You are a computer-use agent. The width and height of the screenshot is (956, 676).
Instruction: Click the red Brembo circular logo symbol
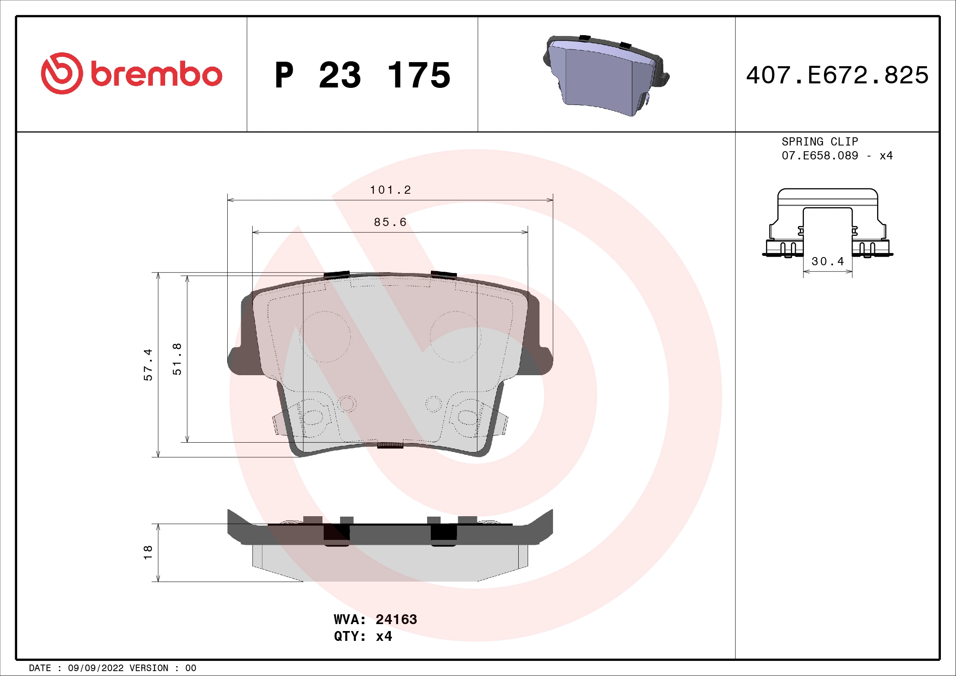[62, 73]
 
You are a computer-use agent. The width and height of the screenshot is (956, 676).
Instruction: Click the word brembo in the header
[157, 75]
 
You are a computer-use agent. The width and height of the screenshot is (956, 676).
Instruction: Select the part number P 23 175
[362, 75]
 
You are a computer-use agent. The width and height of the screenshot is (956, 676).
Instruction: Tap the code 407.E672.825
[837, 75]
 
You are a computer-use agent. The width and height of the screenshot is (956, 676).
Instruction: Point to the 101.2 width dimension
[390, 190]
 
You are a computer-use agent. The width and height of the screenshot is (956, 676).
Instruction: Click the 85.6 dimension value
[390, 222]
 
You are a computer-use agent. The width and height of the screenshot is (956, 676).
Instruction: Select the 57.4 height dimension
[148, 365]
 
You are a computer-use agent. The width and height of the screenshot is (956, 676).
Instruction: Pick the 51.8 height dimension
[177, 359]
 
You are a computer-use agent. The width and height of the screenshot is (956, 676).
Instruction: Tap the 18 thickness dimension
[148, 553]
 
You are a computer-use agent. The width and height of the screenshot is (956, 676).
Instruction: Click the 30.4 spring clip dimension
[828, 262]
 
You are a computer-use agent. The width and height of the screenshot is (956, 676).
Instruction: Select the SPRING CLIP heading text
[819, 141]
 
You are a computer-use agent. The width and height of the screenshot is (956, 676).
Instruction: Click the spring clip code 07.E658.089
[819, 156]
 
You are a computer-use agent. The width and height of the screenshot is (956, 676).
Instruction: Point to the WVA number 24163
[396, 619]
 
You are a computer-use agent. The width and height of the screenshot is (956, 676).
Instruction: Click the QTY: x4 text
[363, 636]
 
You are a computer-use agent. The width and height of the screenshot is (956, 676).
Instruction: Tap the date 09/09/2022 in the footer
[96, 668]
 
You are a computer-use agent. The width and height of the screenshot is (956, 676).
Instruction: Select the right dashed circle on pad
[455, 337]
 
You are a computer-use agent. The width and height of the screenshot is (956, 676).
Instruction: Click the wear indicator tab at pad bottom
[390, 445]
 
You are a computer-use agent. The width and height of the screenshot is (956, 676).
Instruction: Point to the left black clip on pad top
[336, 275]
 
